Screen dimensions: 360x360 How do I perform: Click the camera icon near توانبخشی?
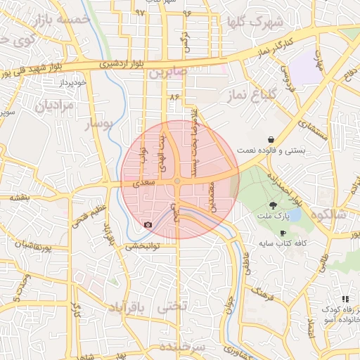[148, 225]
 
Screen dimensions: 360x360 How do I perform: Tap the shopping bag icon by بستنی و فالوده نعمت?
[271, 139]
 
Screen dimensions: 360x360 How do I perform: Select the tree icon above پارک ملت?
[273, 205]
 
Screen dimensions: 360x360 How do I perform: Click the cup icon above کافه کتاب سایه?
[283, 233]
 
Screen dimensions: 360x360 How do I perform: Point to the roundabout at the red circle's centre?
[178, 181]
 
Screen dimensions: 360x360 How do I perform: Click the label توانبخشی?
[143, 247]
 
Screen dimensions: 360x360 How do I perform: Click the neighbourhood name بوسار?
[98, 124]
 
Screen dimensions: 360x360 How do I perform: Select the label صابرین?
[166, 72]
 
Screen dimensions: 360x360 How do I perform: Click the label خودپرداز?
[72, 83]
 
